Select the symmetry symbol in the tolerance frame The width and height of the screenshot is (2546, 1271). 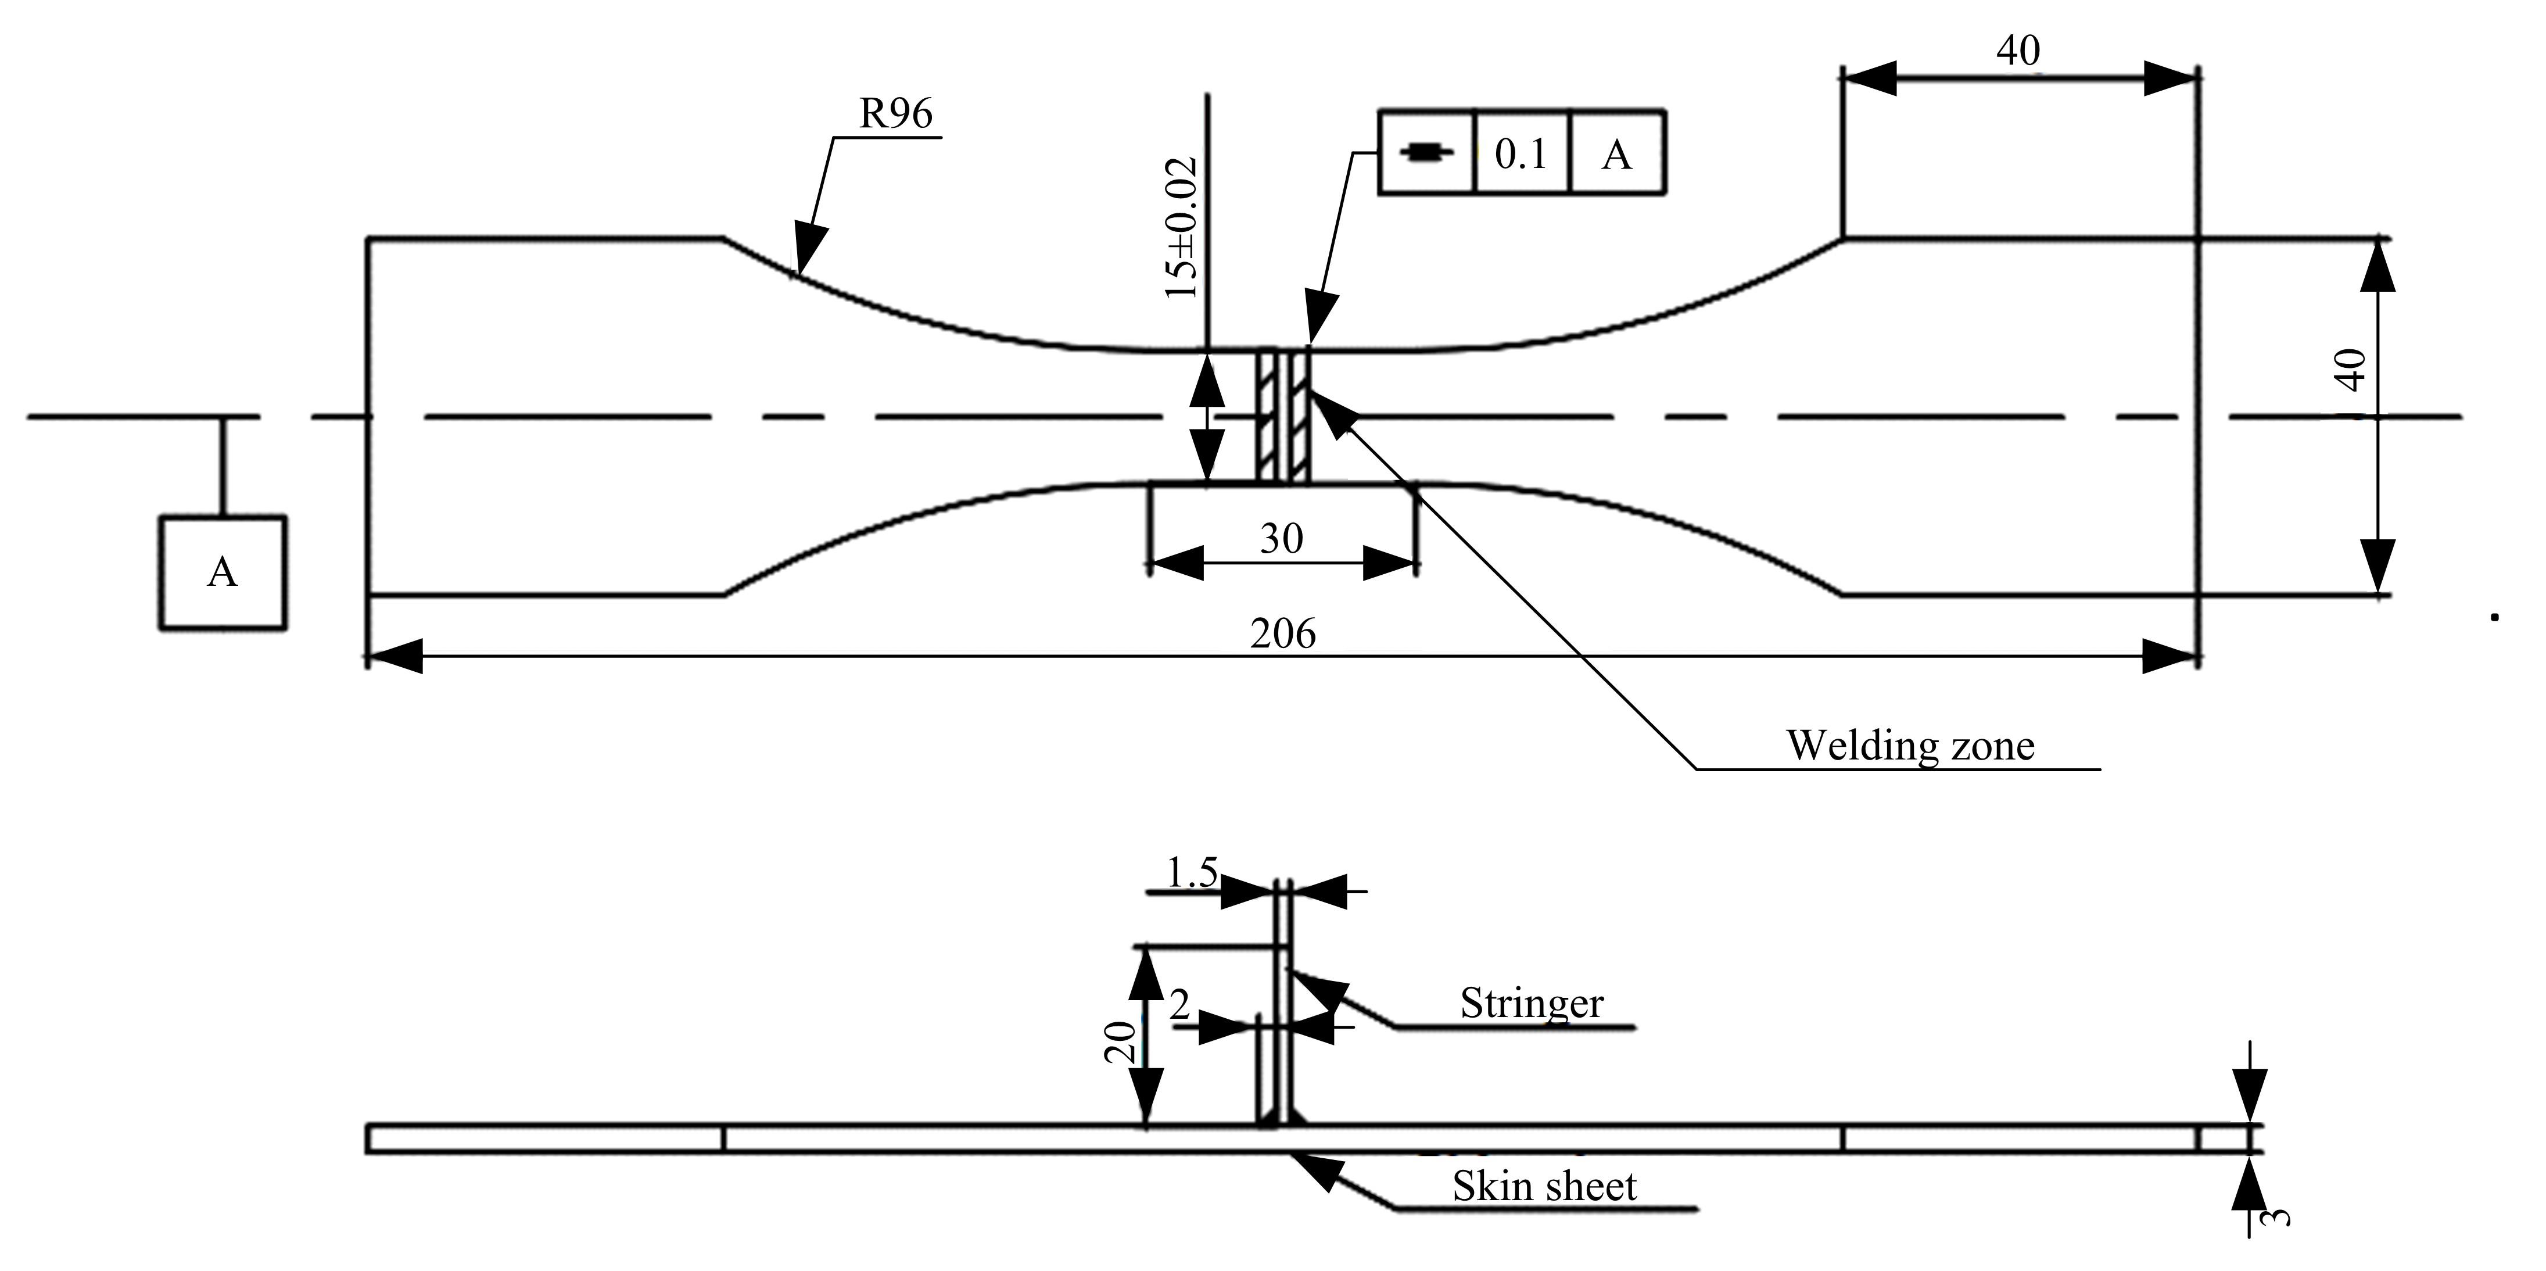1427,153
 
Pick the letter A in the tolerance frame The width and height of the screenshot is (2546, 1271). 1616,154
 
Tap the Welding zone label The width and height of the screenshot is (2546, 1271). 1909,746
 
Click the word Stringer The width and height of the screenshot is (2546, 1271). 1532,1003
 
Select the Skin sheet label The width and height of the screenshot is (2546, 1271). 1544,1186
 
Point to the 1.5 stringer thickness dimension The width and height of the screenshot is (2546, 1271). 1191,873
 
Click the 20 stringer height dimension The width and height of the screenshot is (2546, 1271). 1120,1043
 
